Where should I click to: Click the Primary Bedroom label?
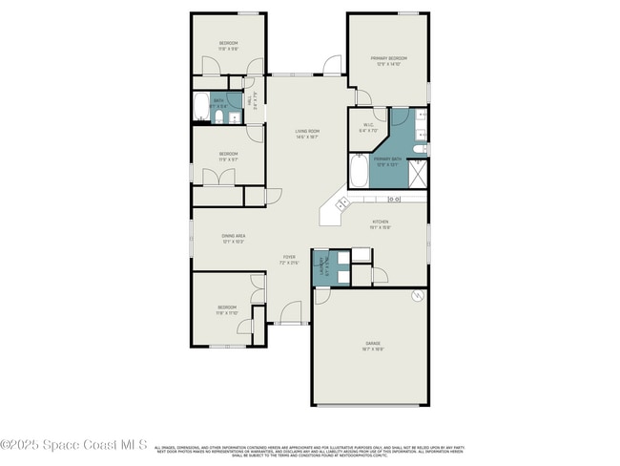(x=386, y=60)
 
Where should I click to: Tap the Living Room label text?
(x=306, y=134)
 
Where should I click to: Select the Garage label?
(x=372, y=346)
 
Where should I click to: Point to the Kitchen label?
(x=380, y=224)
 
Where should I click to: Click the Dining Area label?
(x=233, y=238)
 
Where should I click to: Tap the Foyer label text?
(x=288, y=259)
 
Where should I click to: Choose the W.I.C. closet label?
(x=368, y=129)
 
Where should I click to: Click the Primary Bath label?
(x=386, y=161)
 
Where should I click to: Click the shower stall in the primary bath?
(x=418, y=173)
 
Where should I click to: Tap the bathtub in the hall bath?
(x=201, y=108)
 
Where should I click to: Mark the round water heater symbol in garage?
(x=417, y=297)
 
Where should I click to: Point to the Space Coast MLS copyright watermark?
(x=73, y=445)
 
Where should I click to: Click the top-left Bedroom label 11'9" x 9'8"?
(x=228, y=45)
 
